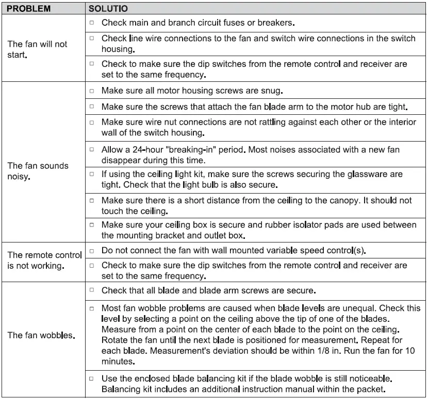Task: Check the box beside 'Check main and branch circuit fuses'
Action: [91, 23]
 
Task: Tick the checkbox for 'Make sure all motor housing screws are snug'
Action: [91, 91]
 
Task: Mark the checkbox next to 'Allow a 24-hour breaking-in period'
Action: [91, 149]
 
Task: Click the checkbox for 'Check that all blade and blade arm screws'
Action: [91, 290]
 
